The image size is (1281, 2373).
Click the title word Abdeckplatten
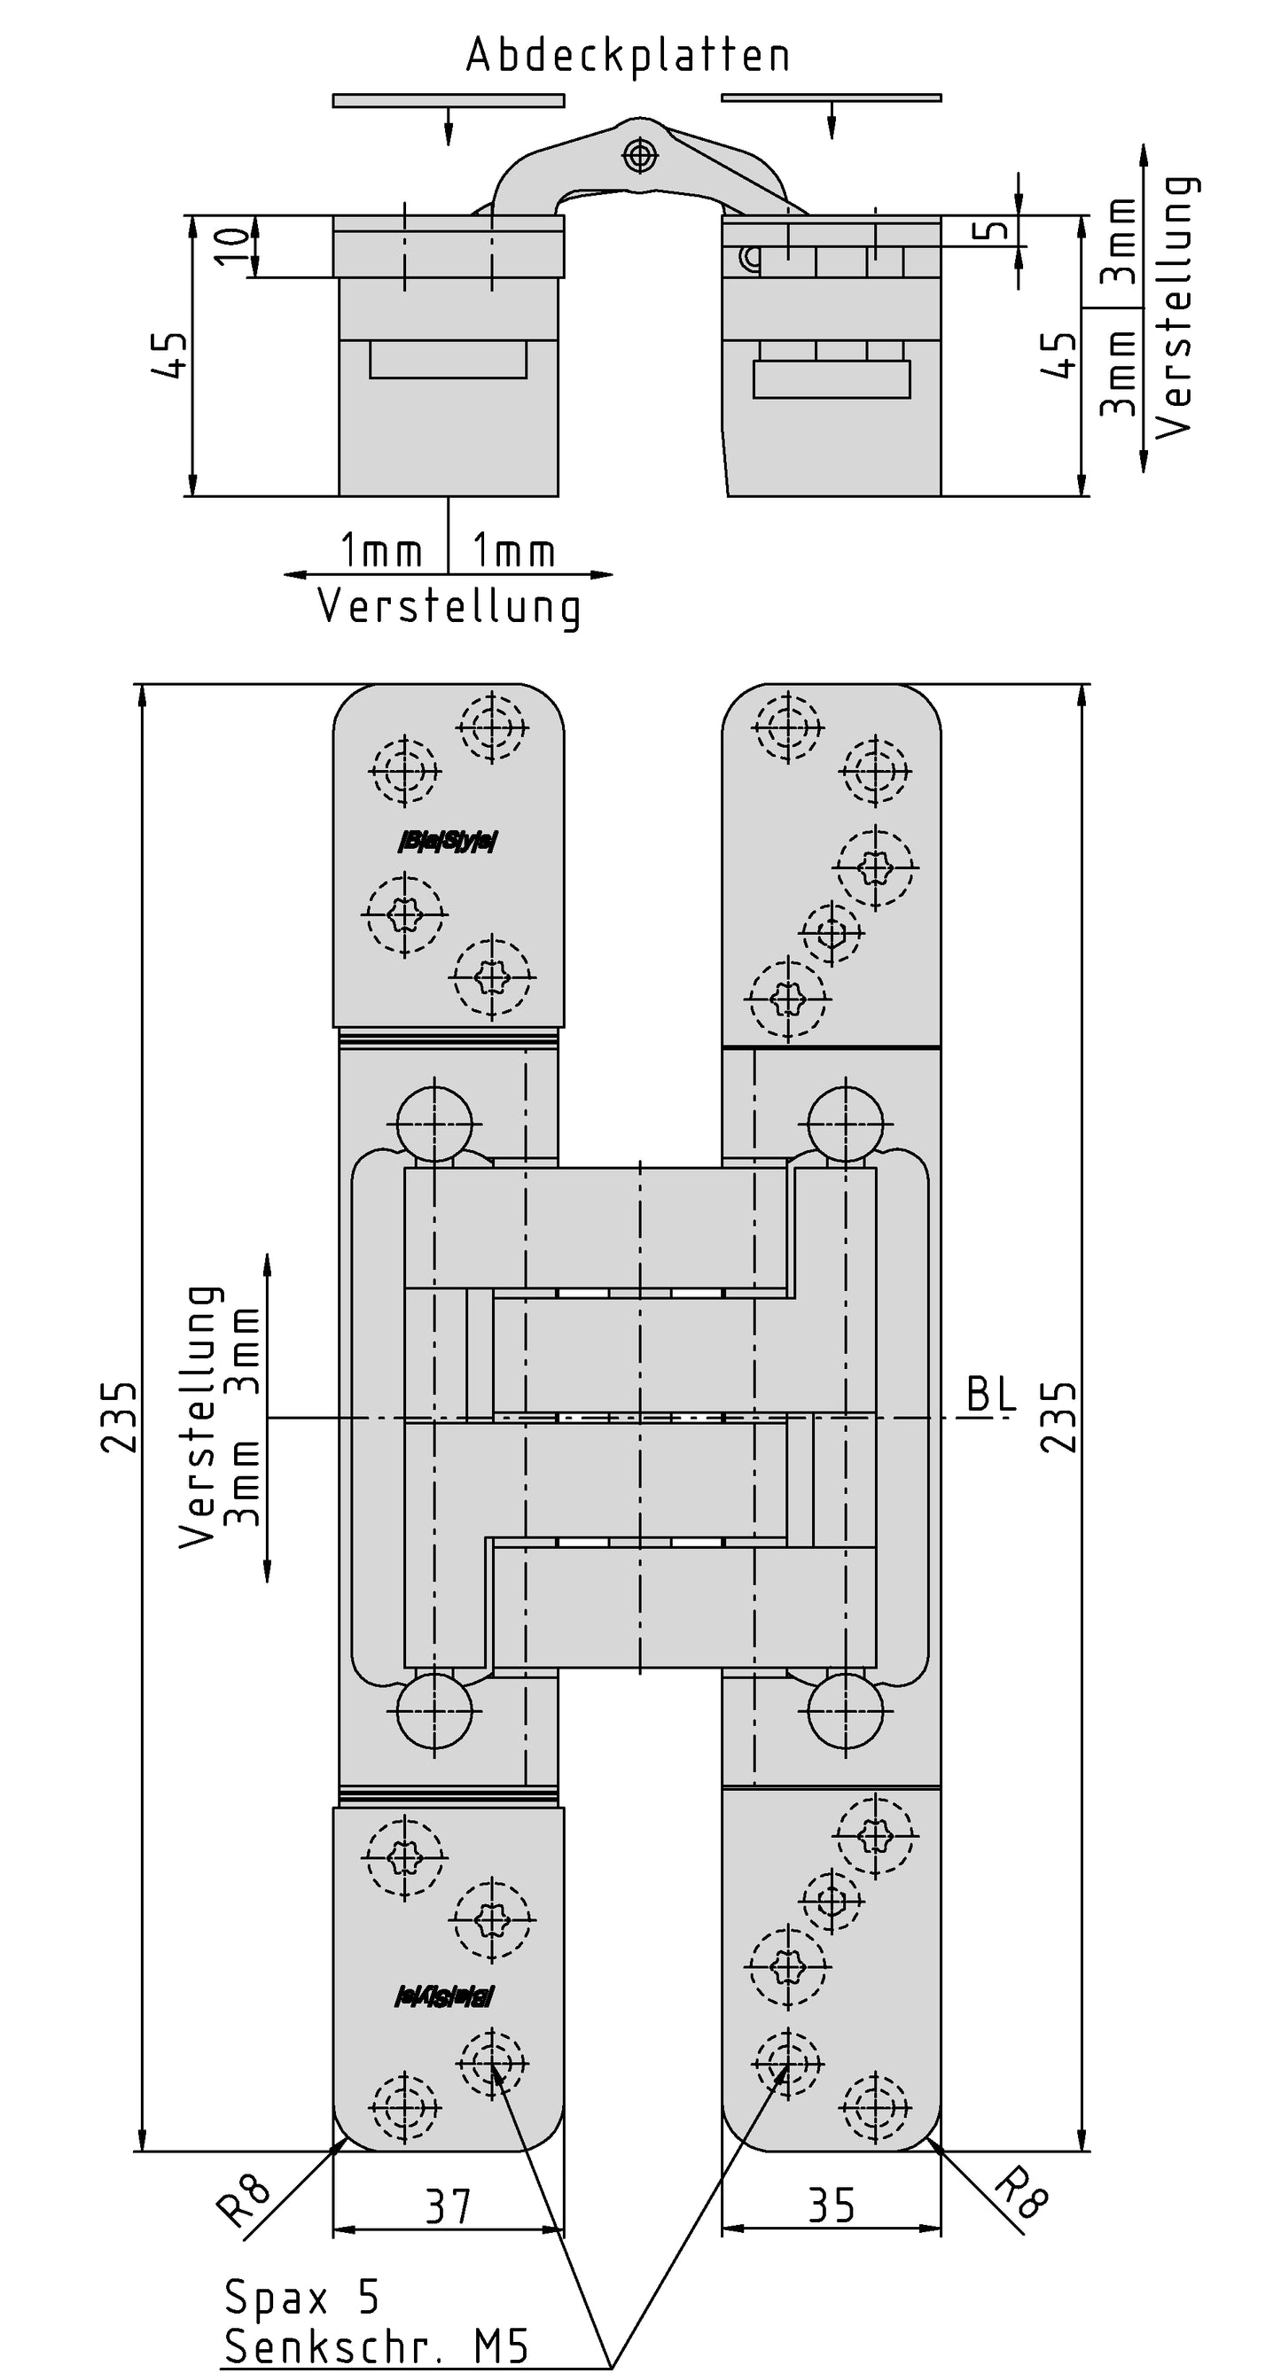[628, 55]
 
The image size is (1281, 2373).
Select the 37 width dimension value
[448, 2207]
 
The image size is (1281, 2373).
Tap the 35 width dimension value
[832, 2207]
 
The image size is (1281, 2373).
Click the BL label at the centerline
[991, 1396]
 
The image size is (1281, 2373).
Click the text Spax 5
[301, 2299]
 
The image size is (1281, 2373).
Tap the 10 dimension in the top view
[234, 246]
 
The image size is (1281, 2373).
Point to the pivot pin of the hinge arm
[639, 155]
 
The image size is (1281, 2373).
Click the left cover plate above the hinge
[448, 100]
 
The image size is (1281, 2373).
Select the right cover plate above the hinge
[832, 97]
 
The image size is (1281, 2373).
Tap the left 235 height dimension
[120, 1418]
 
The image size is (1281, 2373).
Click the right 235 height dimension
[1060, 1418]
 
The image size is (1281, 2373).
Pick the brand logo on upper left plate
[448, 841]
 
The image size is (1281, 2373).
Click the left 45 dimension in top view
[169, 355]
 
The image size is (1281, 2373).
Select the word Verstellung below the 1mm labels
[449, 607]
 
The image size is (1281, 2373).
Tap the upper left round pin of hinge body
[435, 1124]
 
